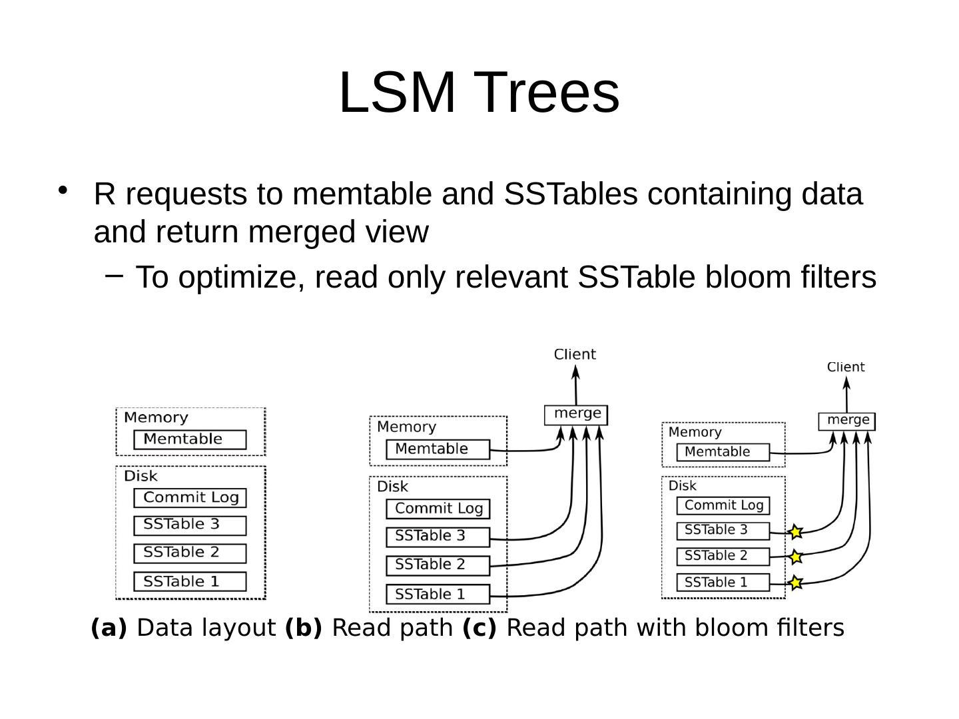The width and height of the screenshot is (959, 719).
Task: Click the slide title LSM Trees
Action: coord(479,92)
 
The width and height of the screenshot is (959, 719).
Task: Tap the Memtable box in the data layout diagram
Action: coord(190,439)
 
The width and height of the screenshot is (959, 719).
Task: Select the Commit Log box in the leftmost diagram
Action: coord(190,497)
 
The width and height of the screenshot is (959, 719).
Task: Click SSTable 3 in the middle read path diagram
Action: coord(438,536)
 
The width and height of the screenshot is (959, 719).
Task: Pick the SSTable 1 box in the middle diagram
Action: coord(438,594)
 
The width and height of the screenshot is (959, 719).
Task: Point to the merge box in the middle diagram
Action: coord(576,414)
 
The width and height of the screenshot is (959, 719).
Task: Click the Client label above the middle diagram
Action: coord(575,354)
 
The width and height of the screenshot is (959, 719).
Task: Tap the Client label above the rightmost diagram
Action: coord(845,367)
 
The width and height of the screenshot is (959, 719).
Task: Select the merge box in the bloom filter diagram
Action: coord(846,421)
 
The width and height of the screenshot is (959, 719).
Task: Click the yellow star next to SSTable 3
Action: coord(795,532)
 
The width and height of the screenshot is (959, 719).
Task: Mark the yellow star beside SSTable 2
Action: coord(795,557)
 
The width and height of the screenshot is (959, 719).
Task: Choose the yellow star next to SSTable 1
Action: coord(795,583)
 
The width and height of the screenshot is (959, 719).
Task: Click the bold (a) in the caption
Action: coord(109,628)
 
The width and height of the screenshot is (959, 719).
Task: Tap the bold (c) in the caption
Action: coord(479,628)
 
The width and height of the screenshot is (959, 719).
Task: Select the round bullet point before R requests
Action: coord(63,191)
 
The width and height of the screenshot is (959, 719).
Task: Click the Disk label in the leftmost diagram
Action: coord(141,476)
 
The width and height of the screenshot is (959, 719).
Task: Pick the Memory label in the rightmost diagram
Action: coord(695,432)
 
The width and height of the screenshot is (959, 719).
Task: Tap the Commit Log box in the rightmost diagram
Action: coord(723,505)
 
